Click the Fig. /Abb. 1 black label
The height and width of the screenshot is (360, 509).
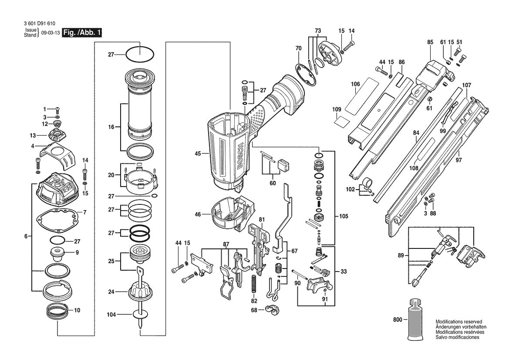82,33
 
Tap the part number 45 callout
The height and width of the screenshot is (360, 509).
198,153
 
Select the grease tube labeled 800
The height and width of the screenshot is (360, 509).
415,320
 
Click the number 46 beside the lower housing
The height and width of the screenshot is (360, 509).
198,214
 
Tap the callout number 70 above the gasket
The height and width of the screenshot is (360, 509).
298,48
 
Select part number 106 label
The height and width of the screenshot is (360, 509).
355,84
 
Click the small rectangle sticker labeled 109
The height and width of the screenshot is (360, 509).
341,121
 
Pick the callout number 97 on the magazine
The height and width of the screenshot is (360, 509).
458,160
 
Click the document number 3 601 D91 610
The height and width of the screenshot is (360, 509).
37,24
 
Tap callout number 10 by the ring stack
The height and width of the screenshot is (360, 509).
77,311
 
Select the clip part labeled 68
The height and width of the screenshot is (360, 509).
272,310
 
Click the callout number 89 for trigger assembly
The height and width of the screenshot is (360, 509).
401,255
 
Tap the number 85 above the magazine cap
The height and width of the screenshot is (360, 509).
430,42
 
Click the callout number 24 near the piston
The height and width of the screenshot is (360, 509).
111,292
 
